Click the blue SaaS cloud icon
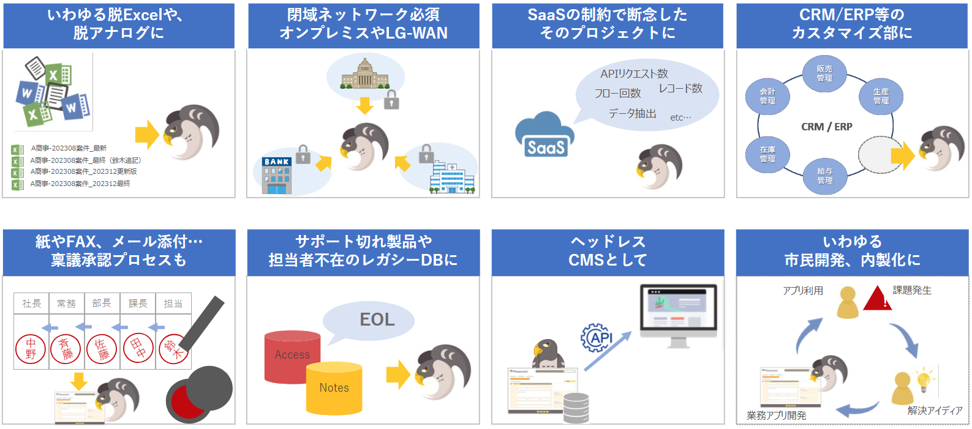click(544, 135)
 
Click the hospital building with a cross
click(452, 178)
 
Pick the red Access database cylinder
click(292, 357)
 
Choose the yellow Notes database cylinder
click(334, 388)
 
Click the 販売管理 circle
click(824, 74)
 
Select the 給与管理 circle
click(824, 176)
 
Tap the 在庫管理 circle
click(767, 154)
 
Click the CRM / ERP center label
click(826, 127)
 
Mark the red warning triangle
click(877, 299)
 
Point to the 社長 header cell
click(32, 304)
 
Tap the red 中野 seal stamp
click(31, 349)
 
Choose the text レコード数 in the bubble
click(680, 89)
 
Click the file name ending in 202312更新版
click(83, 172)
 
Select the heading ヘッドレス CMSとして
click(608, 251)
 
